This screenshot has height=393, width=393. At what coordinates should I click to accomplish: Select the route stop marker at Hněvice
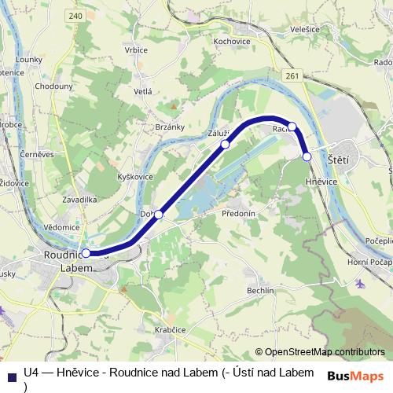307,157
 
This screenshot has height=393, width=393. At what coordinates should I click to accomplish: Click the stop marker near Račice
292,127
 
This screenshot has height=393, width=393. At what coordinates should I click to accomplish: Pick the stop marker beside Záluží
225,144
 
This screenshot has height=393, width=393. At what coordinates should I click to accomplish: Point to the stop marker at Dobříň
159,215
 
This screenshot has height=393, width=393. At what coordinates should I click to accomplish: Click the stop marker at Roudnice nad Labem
86,254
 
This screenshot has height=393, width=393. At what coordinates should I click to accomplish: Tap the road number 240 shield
75,15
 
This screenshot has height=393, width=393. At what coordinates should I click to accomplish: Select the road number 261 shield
293,75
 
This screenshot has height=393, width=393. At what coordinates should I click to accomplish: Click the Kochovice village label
231,40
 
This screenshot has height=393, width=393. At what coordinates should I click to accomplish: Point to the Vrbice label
136,50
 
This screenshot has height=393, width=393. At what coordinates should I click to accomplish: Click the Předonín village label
238,214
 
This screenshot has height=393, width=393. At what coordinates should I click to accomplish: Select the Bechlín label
260,290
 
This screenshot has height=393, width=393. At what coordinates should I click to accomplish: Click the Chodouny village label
54,86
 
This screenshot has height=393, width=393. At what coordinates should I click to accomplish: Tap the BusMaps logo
354,375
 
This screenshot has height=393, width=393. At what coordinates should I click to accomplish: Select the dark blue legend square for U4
11,375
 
